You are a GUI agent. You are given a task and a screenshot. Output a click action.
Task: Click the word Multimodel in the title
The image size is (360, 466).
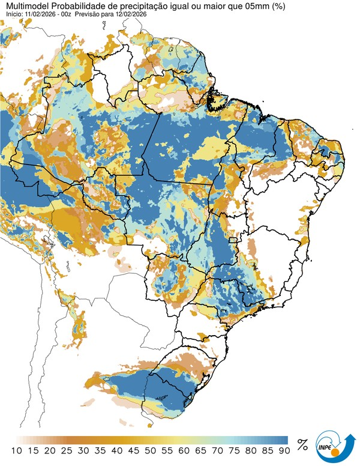click(25, 5)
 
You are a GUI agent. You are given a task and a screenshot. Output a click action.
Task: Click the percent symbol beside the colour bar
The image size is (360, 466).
click(303, 446)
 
